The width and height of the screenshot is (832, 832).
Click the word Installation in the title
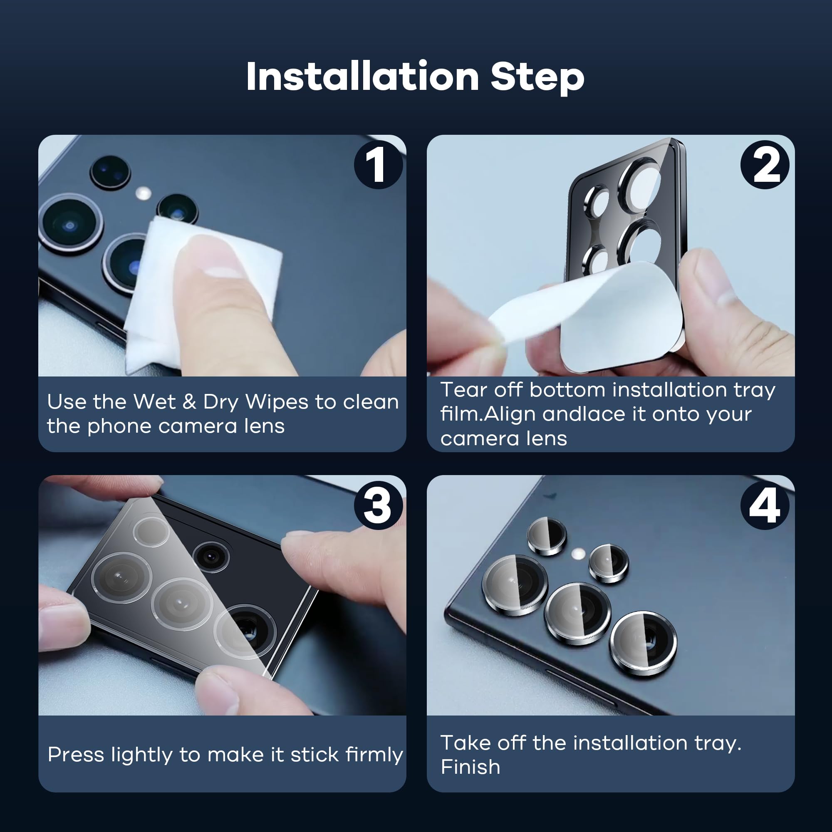tap(363, 76)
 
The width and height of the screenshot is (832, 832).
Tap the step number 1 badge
tap(378, 164)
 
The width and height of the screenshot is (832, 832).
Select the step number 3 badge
tap(378, 505)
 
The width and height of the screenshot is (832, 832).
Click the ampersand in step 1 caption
tap(189, 402)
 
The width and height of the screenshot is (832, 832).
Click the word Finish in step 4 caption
tap(470, 767)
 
